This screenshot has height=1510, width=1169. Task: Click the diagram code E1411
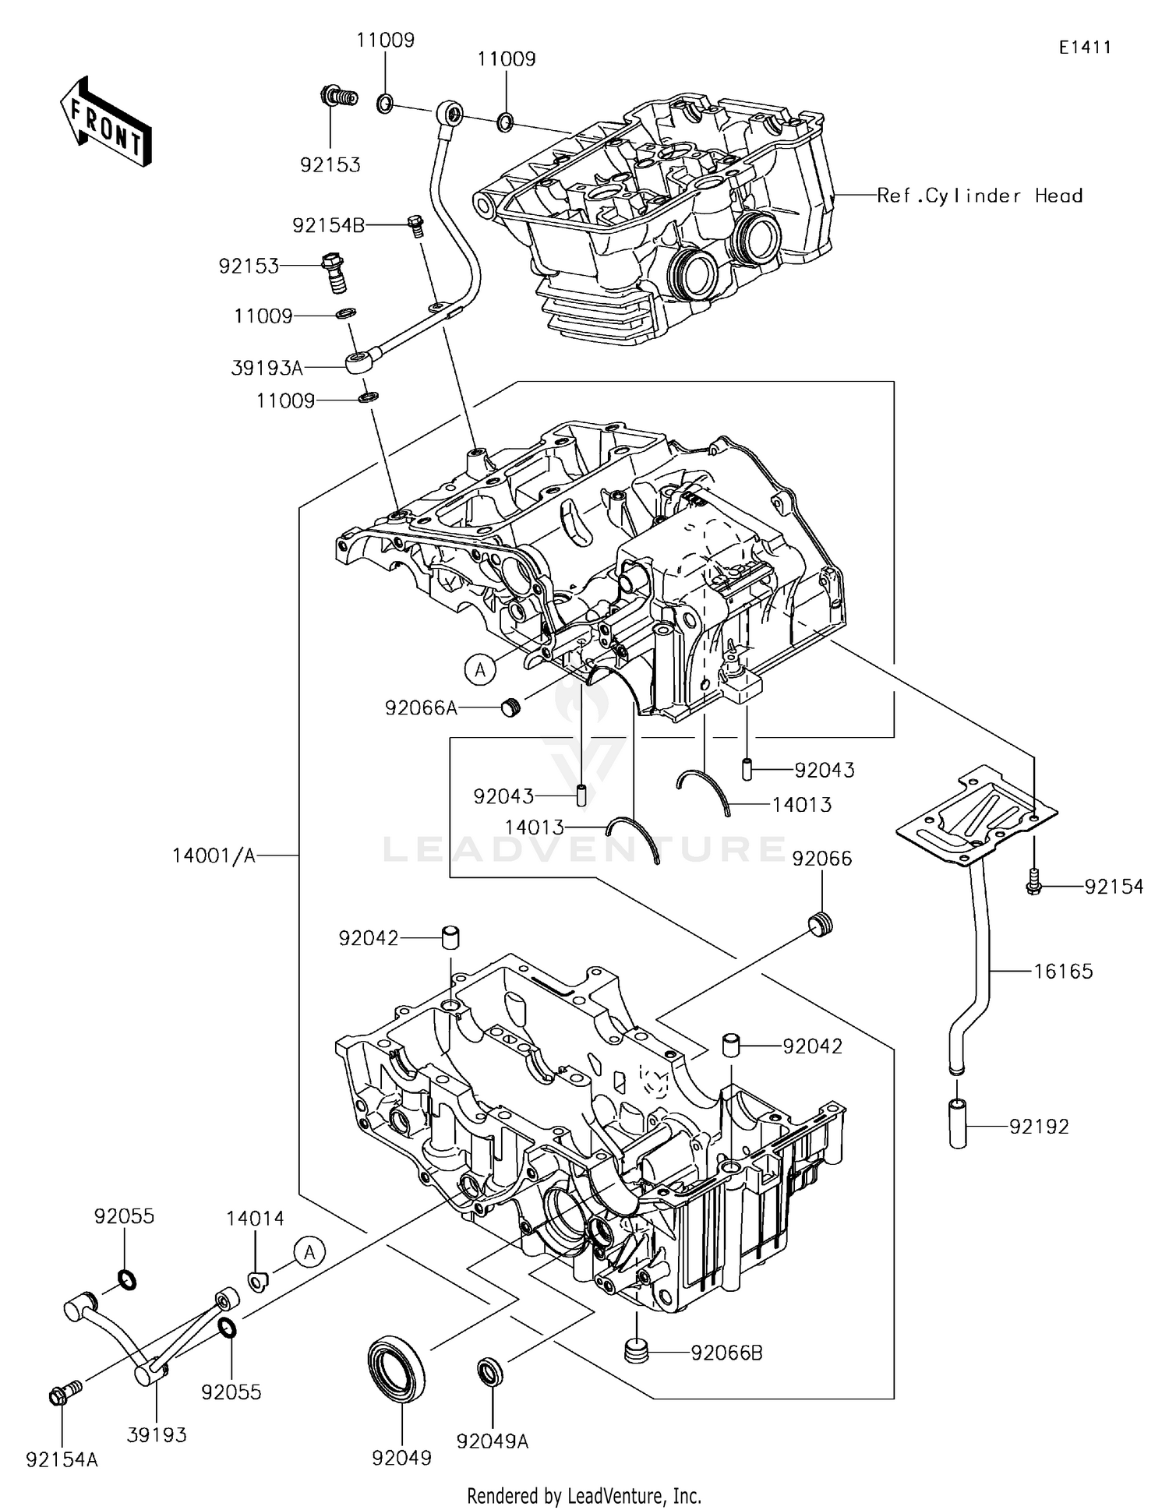(x=1084, y=48)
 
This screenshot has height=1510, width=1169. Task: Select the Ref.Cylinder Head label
(x=980, y=196)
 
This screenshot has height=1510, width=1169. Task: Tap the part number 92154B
(x=328, y=225)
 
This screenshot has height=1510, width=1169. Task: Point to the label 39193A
(x=267, y=368)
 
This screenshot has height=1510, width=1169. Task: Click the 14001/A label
(x=214, y=856)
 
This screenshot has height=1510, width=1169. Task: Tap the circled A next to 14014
(x=309, y=1252)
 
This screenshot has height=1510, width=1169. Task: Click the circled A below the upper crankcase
(x=481, y=669)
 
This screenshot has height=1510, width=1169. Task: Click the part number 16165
(x=1063, y=971)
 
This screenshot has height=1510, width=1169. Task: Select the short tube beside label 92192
(x=958, y=1123)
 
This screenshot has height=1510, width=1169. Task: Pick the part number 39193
(x=157, y=1434)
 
